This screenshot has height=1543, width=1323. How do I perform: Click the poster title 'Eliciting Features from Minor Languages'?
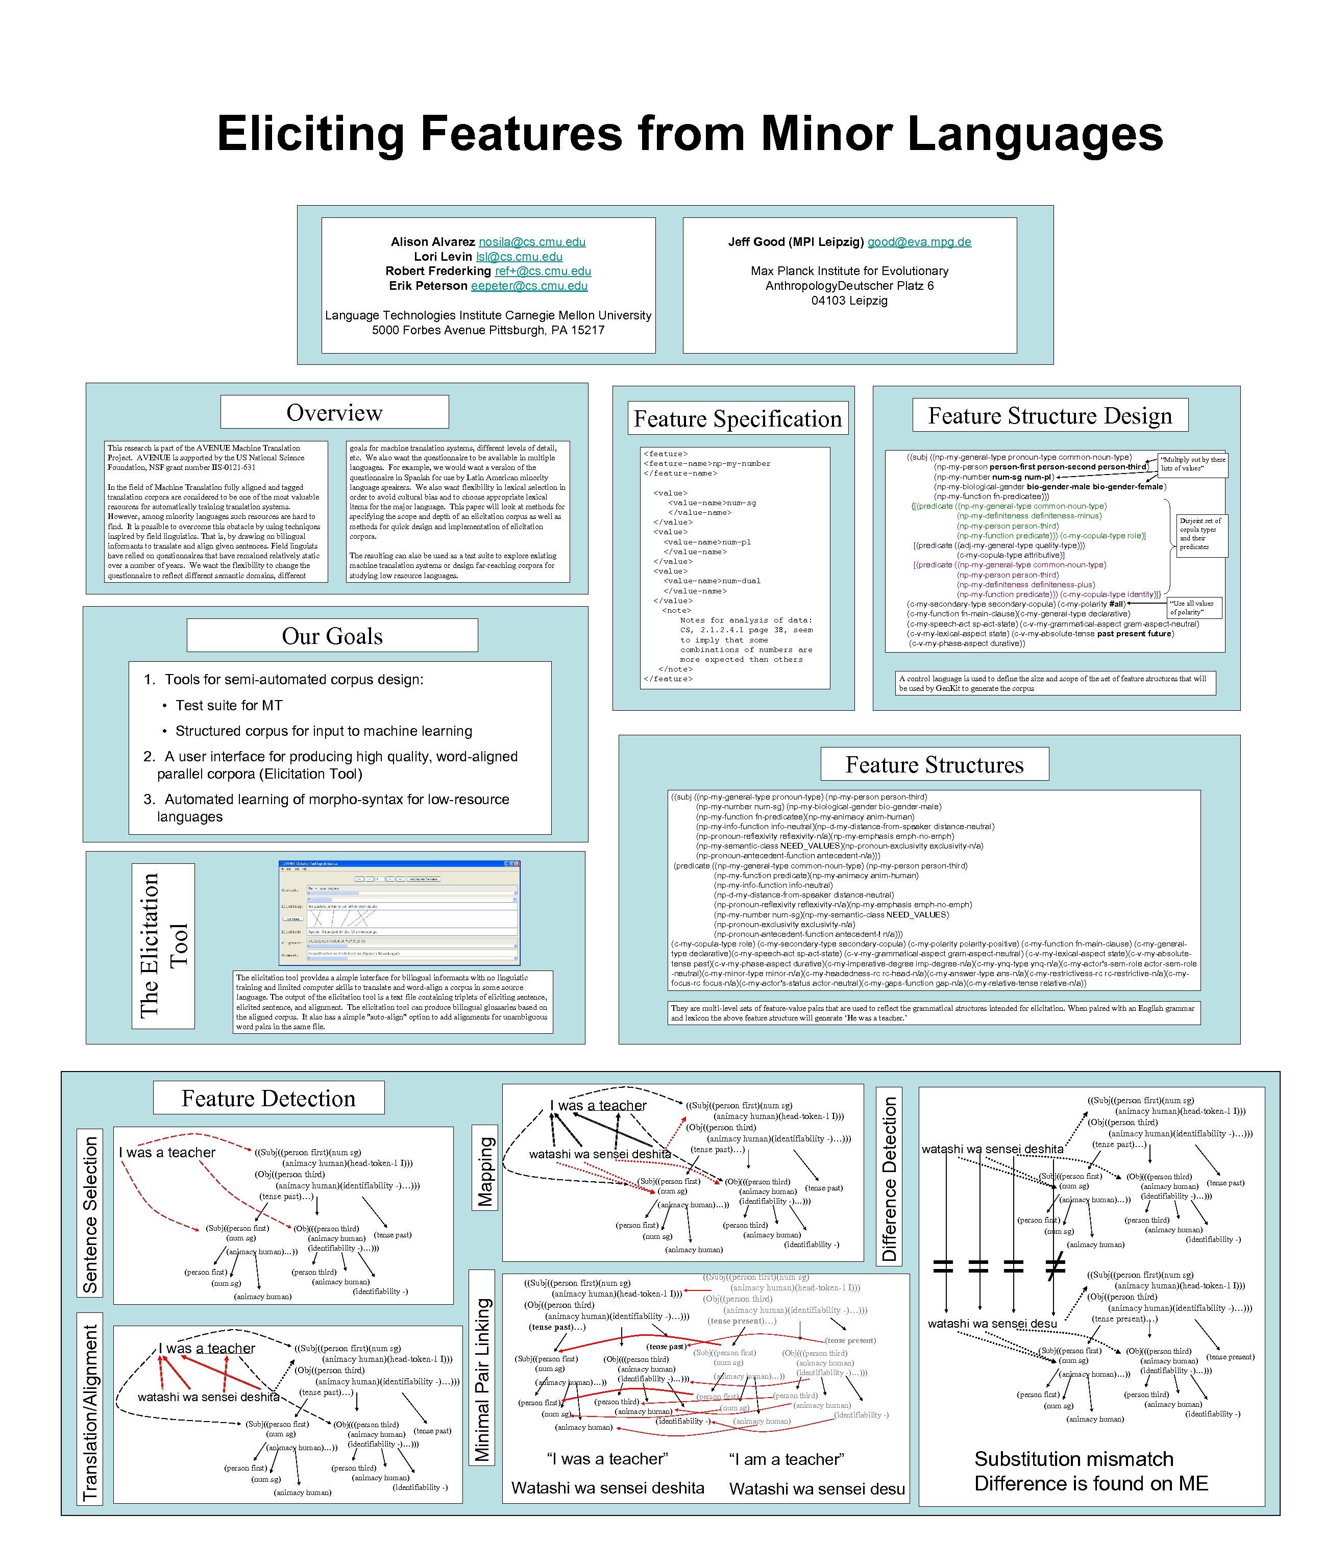tap(689, 134)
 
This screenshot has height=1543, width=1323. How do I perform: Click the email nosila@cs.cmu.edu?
tap(532, 242)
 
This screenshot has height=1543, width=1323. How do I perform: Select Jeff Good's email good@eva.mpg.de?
tap(919, 242)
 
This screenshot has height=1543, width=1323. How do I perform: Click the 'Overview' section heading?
tap(334, 413)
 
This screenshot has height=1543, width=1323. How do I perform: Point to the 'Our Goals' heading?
tap(332, 636)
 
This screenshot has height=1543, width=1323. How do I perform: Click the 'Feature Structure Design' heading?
tap(1049, 415)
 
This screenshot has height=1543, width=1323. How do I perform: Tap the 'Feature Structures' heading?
tap(934, 765)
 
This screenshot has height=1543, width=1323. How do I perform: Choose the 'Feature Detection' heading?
tap(269, 1099)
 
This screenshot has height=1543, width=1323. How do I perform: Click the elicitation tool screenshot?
tap(399, 913)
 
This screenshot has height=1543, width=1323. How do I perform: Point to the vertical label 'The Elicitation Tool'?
tap(163, 946)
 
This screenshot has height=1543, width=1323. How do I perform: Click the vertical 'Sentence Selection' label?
tap(90, 1214)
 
